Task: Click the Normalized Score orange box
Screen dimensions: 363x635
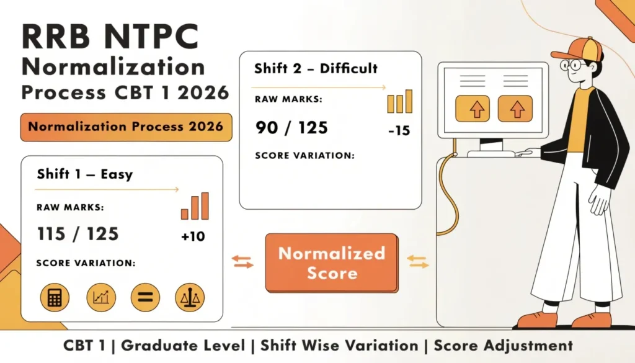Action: point(331,262)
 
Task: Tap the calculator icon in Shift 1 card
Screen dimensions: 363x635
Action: point(55,297)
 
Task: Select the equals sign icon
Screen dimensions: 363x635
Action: point(144,297)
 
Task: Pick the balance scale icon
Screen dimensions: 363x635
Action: point(189,297)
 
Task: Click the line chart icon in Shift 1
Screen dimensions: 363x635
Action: point(100,297)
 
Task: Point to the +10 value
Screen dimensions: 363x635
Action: point(193,237)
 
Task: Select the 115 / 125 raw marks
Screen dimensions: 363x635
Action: point(78,234)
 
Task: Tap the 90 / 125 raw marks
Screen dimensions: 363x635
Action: point(291,127)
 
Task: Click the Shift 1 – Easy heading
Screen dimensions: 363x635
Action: point(84,174)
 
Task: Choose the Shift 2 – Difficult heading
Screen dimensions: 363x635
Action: point(316,68)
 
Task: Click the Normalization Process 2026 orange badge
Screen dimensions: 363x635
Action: point(126,127)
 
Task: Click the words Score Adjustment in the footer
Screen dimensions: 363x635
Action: point(503,346)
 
